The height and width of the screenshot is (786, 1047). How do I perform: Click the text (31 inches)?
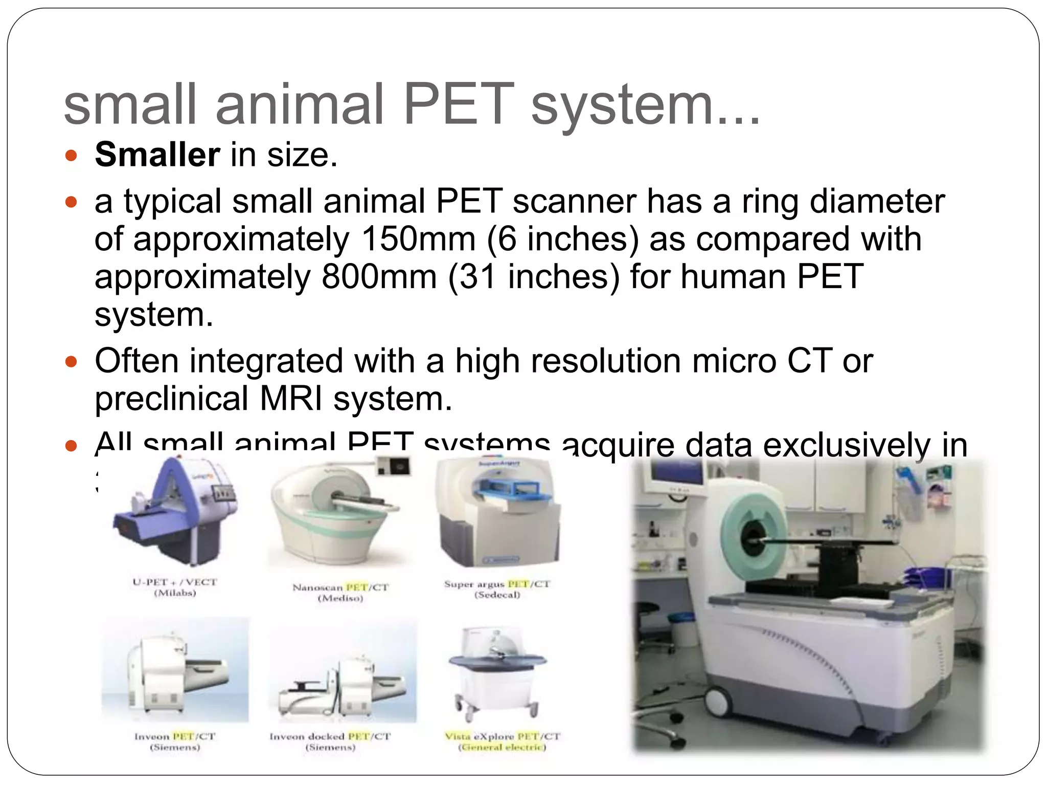coord(534,277)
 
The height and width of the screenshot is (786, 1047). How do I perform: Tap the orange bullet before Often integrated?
coord(71,363)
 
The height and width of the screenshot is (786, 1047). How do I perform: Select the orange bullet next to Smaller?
coord(71,156)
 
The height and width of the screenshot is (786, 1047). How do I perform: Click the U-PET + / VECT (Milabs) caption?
coord(175,587)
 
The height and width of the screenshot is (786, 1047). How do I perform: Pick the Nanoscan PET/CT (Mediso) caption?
coord(340,593)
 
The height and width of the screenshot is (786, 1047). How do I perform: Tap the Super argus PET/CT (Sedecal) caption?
coord(497,589)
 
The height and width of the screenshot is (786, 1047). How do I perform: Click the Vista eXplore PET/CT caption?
coord(502,741)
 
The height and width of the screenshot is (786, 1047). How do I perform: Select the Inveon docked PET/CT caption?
coord(330,741)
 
